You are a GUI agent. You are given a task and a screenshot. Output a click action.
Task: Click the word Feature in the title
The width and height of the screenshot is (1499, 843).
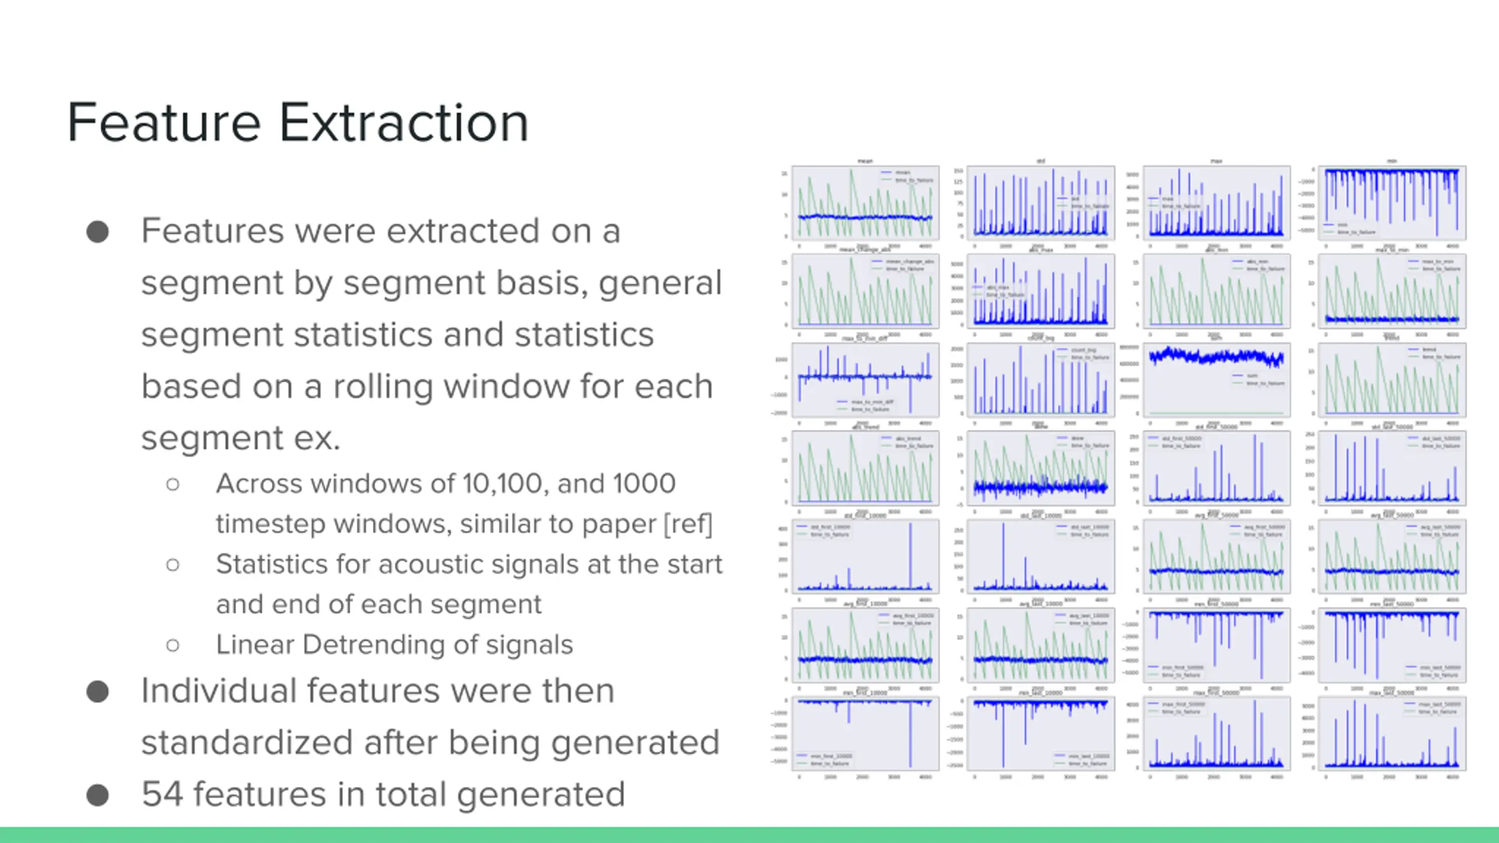click(164, 123)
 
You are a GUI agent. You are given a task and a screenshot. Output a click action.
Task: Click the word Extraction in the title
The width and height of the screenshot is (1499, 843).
click(404, 123)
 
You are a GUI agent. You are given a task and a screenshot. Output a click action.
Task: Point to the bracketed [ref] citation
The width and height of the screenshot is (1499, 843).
click(687, 524)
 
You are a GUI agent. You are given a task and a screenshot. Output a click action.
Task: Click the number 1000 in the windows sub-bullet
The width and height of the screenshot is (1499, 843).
click(644, 484)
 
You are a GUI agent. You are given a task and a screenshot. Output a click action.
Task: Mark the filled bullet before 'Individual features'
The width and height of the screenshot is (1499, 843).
click(98, 691)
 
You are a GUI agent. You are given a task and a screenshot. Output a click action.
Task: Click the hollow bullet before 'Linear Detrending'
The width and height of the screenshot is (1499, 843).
click(173, 645)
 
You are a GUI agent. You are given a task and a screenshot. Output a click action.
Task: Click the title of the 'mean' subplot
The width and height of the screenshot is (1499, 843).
click(865, 161)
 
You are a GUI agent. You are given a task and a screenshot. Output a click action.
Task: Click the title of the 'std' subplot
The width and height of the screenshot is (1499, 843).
click(1041, 161)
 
